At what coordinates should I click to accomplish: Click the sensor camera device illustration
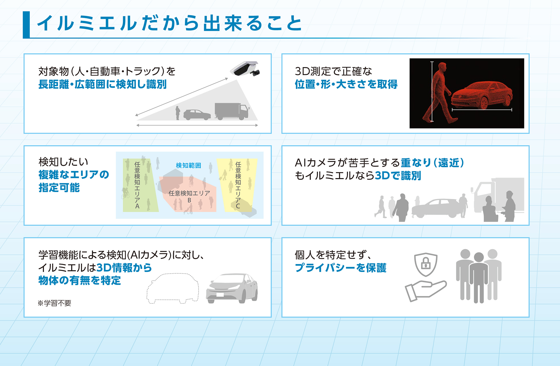coord(245,69)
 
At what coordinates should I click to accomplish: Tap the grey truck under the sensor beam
coord(232,111)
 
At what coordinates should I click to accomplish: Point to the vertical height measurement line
coord(432,91)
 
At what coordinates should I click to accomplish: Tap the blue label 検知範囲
coord(188,166)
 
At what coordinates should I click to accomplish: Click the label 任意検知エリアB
coord(189,196)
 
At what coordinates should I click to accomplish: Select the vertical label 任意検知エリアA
coord(137,185)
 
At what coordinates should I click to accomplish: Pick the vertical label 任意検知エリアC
coord(238,185)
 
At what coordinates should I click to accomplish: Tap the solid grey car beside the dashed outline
coord(232,288)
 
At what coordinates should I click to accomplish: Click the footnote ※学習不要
coord(55,303)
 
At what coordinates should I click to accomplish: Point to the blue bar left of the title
coord(26,25)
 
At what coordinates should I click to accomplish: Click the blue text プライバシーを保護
coord(341,268)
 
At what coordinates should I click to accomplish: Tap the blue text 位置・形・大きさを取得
coord(346,84)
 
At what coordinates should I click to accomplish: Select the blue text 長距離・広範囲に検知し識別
coord(102,84)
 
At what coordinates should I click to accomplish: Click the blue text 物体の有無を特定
coord(80,280)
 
